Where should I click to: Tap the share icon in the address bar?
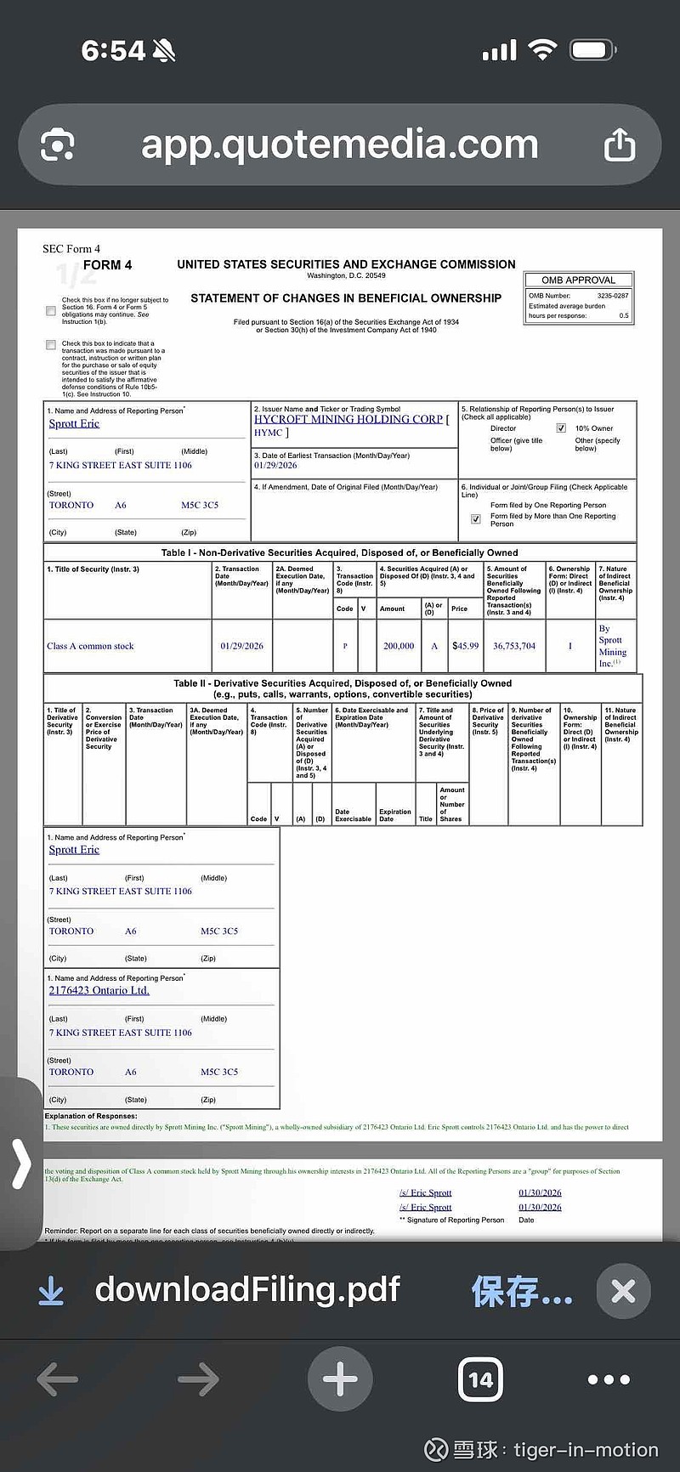[x=620, y=144]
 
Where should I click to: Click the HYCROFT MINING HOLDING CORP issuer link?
[x=348, y=419]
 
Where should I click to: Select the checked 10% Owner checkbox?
[x=561, y=428]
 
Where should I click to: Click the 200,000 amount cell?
[x=399, y=646]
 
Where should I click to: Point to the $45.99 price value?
[x=465, y=646]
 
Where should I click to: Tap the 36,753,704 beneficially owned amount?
[x=514, y=646]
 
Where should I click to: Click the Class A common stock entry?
[x=90, y=646]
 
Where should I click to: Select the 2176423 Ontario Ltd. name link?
[x=99, y=990]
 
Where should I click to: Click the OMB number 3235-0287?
[x=613, y=296]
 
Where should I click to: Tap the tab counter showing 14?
[x=480, y=1379]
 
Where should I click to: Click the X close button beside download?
[x=623, y=1292]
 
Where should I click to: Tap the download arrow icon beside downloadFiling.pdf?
[x=51, y=1292]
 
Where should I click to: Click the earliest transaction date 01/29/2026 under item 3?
[x=275, y=466]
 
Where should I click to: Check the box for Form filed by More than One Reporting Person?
[x=476, y=518]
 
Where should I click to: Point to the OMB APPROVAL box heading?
[x=578, y=280]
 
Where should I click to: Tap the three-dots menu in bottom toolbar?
[x=609, y=1379]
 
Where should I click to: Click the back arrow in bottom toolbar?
[x=58, y=1379]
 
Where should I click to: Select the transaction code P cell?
[x=345, y=646]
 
